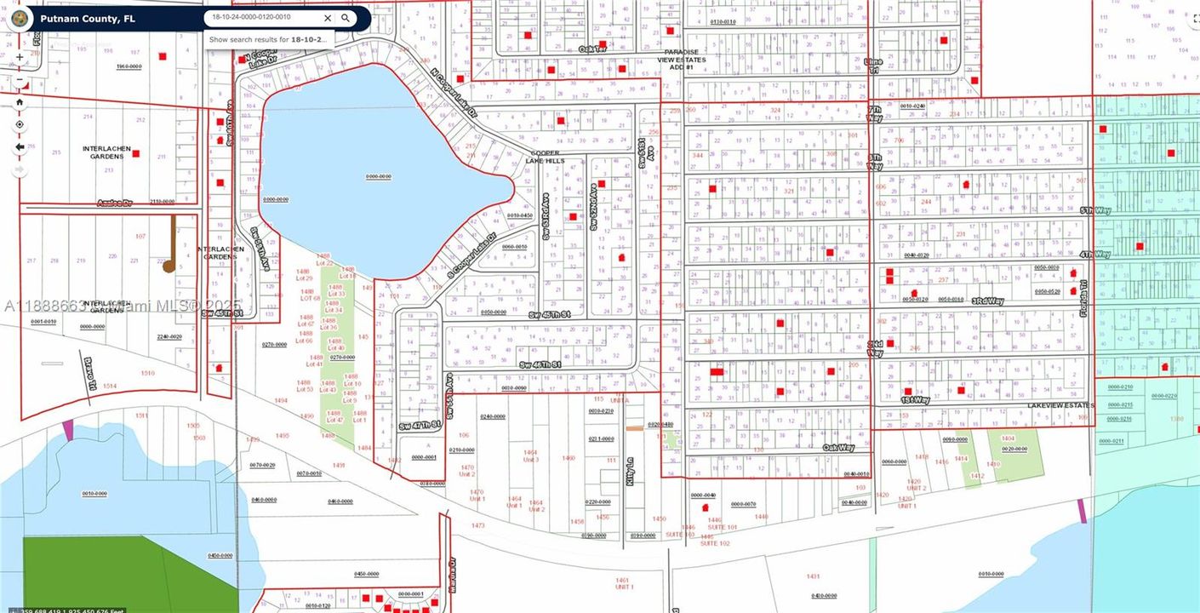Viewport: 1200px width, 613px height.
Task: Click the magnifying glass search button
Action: pos(346,18)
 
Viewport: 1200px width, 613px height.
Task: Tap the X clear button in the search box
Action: pos(328,18)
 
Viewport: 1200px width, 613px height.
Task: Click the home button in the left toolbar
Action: pos(20,101)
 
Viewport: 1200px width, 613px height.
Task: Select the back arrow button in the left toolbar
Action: pos(20,146)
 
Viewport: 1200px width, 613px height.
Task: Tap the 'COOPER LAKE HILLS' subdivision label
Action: pos(541,157)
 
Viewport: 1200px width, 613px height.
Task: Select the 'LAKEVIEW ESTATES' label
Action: pos(1060,405)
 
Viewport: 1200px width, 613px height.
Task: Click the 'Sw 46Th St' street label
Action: pos(540,364)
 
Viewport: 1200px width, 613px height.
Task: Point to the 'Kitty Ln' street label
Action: pos(631,470)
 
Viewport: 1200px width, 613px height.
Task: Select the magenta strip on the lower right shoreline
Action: pos(1082,511)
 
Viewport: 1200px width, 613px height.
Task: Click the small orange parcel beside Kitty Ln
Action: pos(634,427)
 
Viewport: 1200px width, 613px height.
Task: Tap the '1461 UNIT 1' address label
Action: pos(625,583)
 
